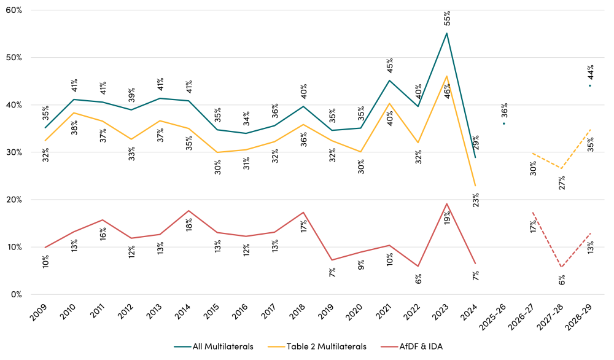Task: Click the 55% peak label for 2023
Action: click(448, 18)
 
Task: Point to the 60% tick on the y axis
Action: click(14, 10)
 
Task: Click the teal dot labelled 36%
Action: click(504, 123)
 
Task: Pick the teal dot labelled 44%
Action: click(590, 85)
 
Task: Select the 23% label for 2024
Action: click(476, 200)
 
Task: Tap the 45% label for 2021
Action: click(390, 65)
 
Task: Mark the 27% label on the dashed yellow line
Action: click(562, 182)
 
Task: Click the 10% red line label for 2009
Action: click(45, 261)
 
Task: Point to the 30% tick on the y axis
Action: click(14, 152)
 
